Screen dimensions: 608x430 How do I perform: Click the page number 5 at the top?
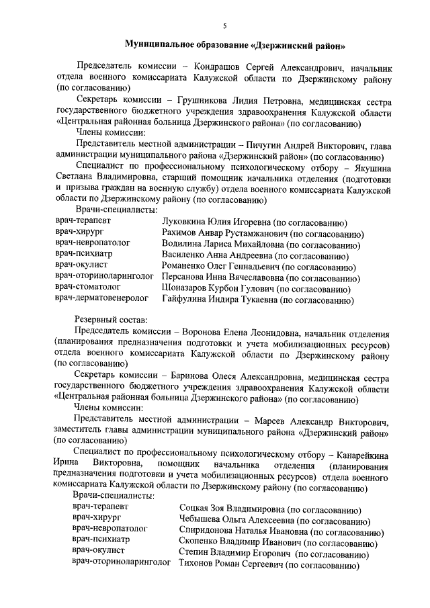[225, 26]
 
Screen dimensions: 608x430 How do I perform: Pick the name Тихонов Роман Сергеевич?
[230, 566]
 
